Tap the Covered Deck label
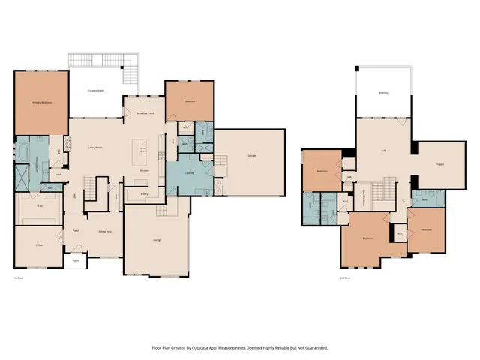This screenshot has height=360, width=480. pos(95,91)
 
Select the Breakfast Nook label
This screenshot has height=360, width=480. pos(145,113)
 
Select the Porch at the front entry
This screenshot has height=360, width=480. pos(76,261)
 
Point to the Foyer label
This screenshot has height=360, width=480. pos(76,231)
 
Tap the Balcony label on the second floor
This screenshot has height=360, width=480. pos(383,93)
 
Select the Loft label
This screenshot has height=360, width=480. pos(383,151)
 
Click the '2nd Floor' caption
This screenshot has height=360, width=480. pos(344,278)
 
